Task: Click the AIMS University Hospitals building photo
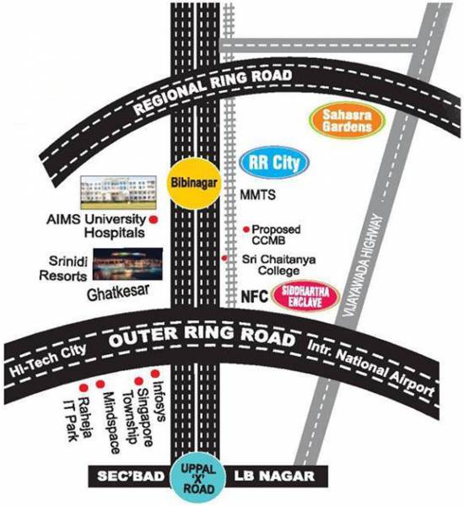118,193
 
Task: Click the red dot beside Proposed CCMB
246,229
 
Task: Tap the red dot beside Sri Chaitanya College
224,259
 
